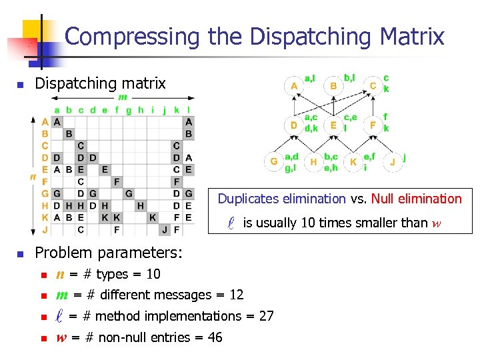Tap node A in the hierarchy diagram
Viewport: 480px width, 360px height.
294,86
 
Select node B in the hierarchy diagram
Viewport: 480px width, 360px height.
333,86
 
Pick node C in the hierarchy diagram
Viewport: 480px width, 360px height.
373,86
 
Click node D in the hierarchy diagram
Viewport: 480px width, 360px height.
294,125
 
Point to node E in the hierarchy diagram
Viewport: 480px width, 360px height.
333,125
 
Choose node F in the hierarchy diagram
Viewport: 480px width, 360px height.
373,125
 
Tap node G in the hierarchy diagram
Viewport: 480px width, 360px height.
274,162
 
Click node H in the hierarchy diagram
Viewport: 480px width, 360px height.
314,162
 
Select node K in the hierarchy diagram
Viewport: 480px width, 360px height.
353,162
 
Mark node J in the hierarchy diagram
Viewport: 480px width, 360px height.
393,162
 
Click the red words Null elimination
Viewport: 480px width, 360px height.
416,199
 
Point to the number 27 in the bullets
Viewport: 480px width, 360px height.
266,316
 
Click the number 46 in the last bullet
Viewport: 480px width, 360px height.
215,337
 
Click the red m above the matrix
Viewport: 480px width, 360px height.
123,97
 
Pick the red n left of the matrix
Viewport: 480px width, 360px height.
32,177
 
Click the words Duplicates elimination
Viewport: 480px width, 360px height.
281,199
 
